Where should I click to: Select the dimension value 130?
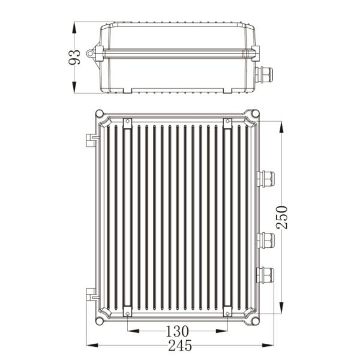pyautogui.click(x=178, y=331)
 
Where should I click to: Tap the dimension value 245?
pyautogui.click(x=178, y=346)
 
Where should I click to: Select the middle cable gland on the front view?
pyautogui.click(x=265, y=240)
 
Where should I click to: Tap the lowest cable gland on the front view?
pyautogui.click(x=265, y=275)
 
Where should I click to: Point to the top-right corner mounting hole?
pyautogui.click(x=256, y=113)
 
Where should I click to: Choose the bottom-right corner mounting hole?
pyautogui.click(x=256, y=322)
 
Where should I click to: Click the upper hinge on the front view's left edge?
pyautogui.click(x=91, y=139)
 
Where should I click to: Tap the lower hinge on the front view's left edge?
pyautogui.click(x=91, y=294)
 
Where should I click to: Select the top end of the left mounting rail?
pyautogui.click(x=127, y=123)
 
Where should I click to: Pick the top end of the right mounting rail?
pyautogui.click(x=227, y=123)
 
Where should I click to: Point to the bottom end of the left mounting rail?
pyautogui.click(x=127, y=312)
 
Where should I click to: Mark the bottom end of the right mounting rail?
pyautogui.click(x=227, y=312)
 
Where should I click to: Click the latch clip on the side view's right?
pyautogui.click(x=256, y=53)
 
